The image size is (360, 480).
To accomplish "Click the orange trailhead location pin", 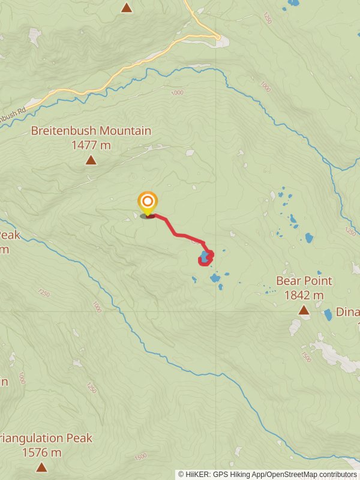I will click(x=147, y=203).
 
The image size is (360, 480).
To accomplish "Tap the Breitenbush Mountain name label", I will click(x=91, y=131).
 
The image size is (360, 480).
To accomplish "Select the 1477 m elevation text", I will click(x=91, y=145).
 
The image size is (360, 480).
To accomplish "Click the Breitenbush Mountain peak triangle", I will click(x=91, y=160).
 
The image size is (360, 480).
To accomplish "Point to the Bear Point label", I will click(x=304, y=281).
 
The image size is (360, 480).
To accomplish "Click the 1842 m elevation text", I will click(x=304, y=295).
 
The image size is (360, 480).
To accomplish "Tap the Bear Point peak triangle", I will click(x=304, y=310).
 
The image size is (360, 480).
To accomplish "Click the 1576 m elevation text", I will click(x=41, y=452).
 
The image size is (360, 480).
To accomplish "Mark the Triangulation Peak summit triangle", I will click(x=41, y=467).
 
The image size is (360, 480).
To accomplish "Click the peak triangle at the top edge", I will click(x=126, y=7).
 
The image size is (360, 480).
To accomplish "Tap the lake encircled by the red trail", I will click(x=205, y=257).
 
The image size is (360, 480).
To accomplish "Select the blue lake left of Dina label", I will click(x=328, y=314).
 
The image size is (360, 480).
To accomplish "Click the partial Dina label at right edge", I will click(x=348, y=312).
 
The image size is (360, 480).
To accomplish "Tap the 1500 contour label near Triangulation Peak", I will click(x=140, y=457).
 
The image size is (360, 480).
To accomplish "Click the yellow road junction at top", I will click(x=217, y=37).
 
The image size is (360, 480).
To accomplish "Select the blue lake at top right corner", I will click(x=293, y=2).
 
